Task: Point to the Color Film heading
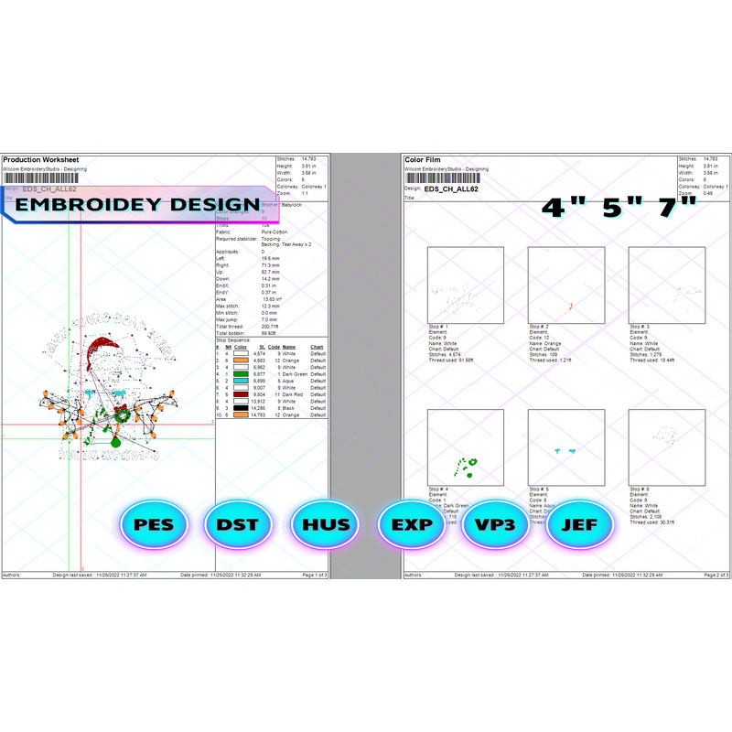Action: (x=426, y=159)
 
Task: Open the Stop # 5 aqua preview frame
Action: (x=565, y=447)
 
